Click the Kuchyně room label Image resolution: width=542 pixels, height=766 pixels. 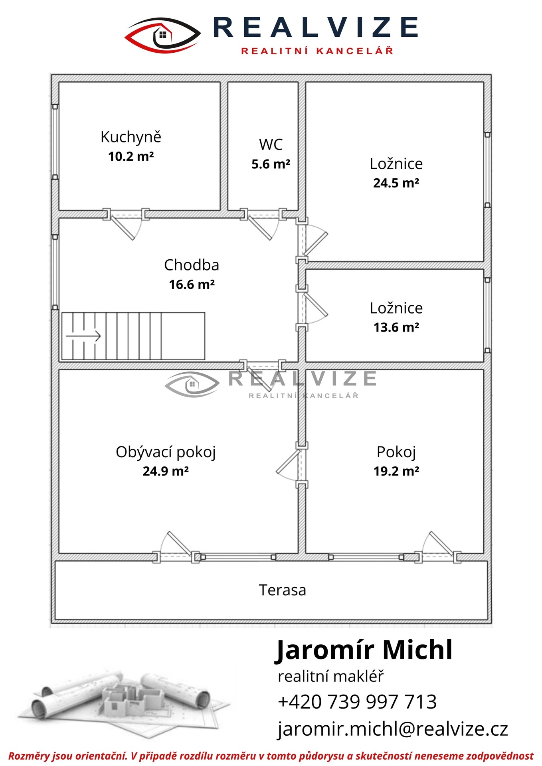tap(131, 137)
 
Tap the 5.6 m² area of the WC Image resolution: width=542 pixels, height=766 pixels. tap(271, 164)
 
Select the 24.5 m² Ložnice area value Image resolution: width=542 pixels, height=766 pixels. tap(396, 183)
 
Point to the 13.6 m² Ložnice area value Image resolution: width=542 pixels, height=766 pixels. tap(396, 327)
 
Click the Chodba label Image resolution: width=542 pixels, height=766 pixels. tap(192, 265)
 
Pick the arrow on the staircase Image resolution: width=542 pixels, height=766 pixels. tap(83, 336)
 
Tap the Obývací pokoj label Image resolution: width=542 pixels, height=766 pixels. tap(166, 452)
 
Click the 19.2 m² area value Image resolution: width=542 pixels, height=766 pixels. tap(396, 471)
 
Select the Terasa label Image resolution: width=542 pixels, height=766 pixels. tap(282, 590)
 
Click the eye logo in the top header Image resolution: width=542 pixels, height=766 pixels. tap(163, 36)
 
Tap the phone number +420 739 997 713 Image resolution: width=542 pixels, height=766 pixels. tap(357, 702)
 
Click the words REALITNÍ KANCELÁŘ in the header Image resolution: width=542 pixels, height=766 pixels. tap(317, 51)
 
